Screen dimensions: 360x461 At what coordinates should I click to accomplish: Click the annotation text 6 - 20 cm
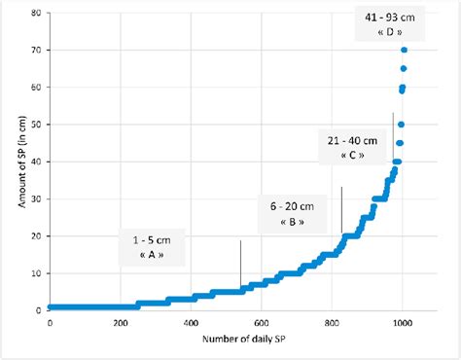click(x=288, y=206)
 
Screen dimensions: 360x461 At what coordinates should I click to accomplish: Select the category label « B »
click(x=288, y=222)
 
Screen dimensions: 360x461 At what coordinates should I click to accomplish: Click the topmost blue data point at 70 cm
click(x=404, y=50)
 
